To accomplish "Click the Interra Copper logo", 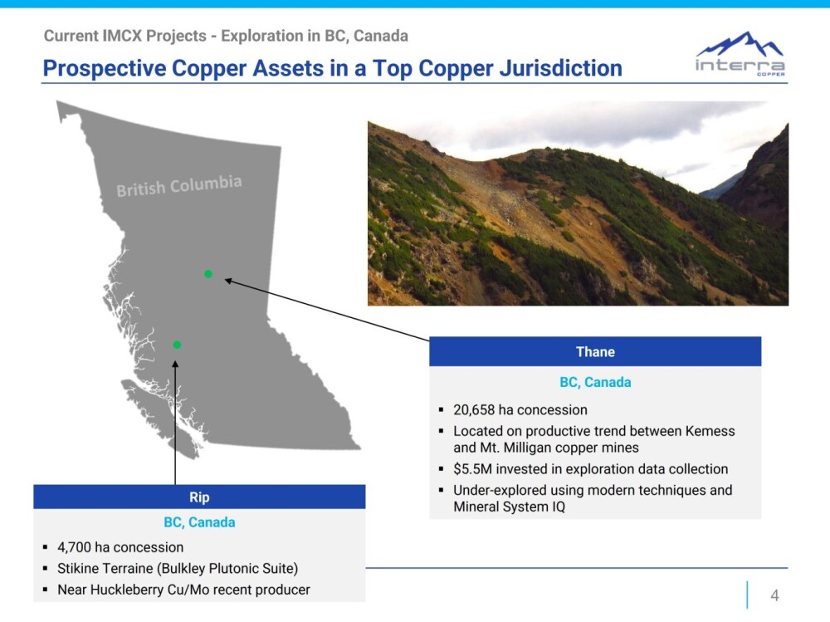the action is click(x=740, y=53).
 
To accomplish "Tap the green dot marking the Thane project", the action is click(x=208, y=274).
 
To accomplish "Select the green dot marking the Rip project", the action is click(x=177, y=345).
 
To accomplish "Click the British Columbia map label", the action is click(x=179, y=186).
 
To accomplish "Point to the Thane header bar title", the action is click(x=595, y=352).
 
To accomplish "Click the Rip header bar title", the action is click(x=199, y=497).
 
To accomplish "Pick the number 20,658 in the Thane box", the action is click(x=474, y=410).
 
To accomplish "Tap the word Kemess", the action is click(x=710, y=431).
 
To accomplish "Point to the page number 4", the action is click(x=774, y=595).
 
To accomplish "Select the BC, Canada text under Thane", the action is click(x=595, y=383).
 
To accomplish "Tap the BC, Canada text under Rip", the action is click(x=199, y=522).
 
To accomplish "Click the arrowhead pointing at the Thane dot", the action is click(x=229, y=280).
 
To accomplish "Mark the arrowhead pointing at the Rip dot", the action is click(x=175, y=364).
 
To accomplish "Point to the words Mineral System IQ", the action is click(x=510, y=507).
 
